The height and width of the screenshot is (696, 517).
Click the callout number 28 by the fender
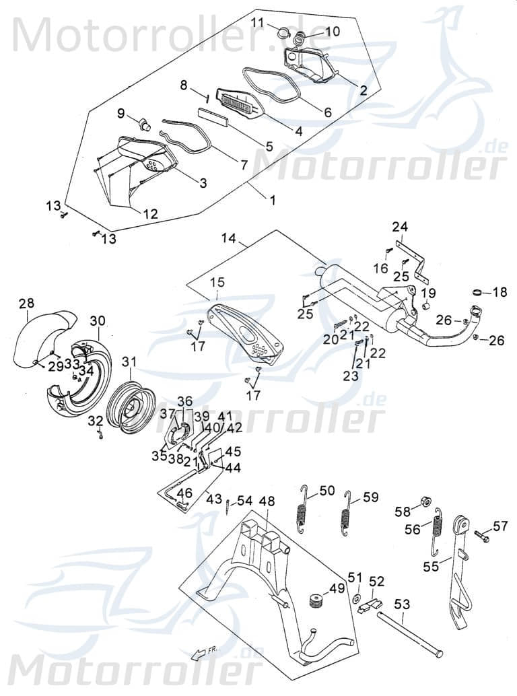coord(26,304)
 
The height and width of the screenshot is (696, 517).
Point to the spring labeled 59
coord(347,515)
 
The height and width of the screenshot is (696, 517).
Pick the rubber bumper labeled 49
coord(314,600)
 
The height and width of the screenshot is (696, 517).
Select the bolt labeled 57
coord(482,536)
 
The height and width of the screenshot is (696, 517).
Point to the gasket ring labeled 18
coord(479,293)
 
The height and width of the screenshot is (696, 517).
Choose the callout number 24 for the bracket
coord(401,227)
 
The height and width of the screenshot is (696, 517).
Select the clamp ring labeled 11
coord(283,30)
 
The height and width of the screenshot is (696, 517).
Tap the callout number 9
coord(121,113)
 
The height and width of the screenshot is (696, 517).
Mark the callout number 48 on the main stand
coord(267,501)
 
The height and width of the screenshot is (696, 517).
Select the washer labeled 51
coord(355,598)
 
